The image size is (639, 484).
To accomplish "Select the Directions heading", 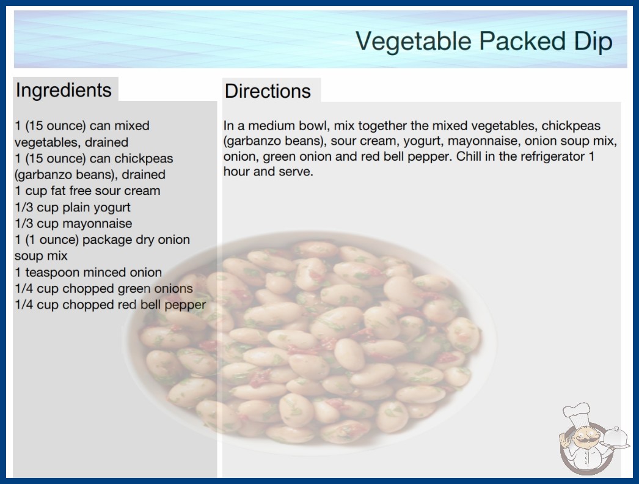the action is pyautogui.click(x=268, y=91).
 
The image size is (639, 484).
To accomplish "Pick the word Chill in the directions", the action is pyautogui.click(x=469, y=156).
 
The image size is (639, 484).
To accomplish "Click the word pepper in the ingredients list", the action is pyautogui.click(x=185, y=306).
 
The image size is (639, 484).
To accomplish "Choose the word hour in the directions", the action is pyautogui.click(x=236, y=171).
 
